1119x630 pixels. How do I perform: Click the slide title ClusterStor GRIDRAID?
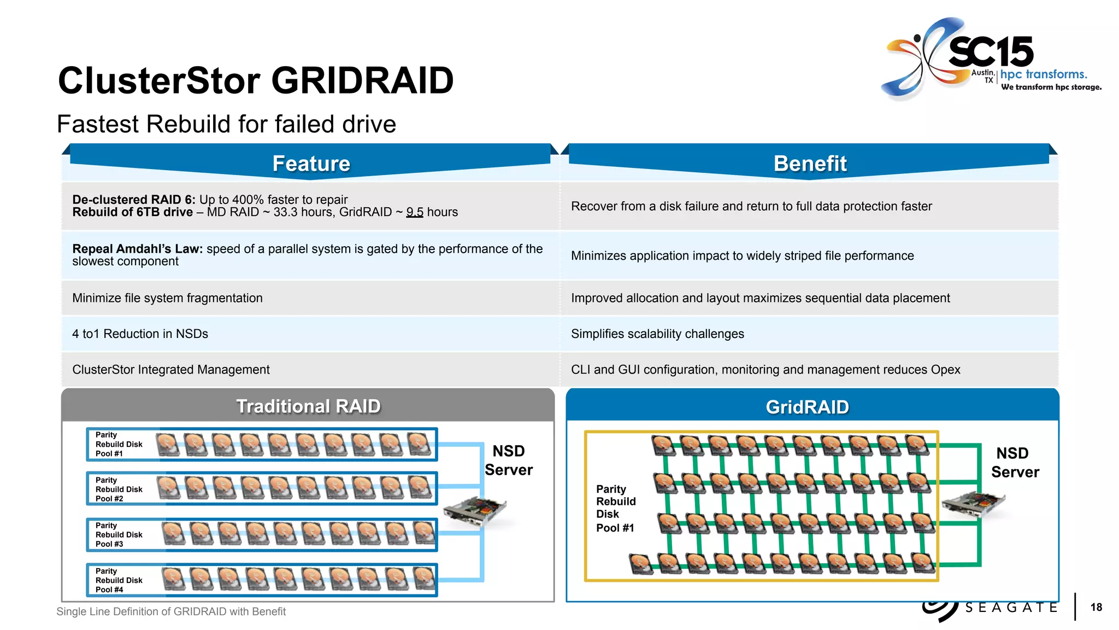[x=256, y=81]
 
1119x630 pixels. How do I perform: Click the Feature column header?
[x=311, y=164]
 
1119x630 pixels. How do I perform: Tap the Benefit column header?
[x=810, y=164]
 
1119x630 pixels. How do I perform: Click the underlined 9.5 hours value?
[x=415, y=212]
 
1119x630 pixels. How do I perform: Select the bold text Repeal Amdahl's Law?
[x=137, y=249]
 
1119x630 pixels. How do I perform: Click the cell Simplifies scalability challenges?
[x=657, y=334]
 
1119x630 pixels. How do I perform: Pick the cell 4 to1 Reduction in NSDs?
[x=140, y=334]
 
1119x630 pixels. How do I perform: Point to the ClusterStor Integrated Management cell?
[x=171, y=370]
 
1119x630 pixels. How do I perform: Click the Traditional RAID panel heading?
[x=308, y=406]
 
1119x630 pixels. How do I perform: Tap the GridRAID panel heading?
[x=807, y=407]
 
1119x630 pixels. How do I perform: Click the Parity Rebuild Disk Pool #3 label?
[x=119, y=535]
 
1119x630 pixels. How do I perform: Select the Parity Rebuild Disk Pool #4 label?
[x=119, y=580]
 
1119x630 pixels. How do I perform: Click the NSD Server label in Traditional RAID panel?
[x=509, y=460]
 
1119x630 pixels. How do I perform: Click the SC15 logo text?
[x=991, y=52]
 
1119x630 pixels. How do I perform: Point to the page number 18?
[x=1096, y=607]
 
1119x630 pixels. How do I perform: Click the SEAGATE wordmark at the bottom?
[x=1011, y=608]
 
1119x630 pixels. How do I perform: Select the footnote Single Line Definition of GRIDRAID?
[x=171, y=611]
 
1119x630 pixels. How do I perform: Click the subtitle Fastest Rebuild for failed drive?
[x=226, y=124]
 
